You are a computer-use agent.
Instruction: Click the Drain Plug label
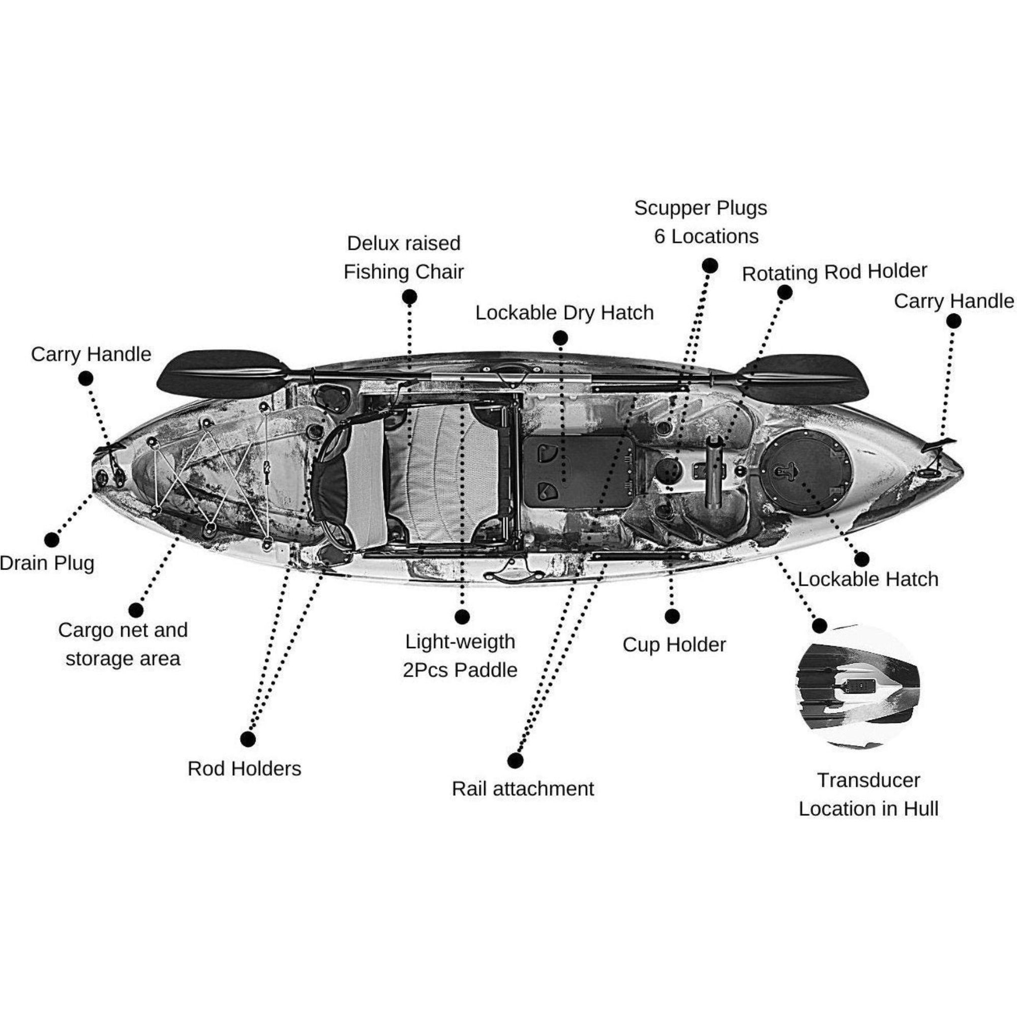click(x=47, y=563)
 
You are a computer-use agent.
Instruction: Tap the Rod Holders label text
click(x=244, y=768)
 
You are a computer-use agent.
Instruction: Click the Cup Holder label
click(x=674, y=644)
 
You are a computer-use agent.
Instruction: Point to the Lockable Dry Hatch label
click(x=564, y=313)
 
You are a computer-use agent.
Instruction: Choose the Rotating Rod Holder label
click(x=834, y=272)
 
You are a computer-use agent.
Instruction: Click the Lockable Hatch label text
click(x=868, y=579)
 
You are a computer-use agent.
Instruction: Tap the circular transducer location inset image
click(x=857, y=686)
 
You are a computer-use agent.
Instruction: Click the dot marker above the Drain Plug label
click(x=51, y=540)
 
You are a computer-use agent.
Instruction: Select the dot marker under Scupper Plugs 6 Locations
click(x=709, y=266)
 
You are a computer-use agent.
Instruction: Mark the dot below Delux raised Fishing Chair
click(x=409, y=297)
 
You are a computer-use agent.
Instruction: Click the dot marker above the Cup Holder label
click(x=672, y=616)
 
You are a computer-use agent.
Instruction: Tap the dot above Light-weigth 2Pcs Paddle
click(x=462, y=617)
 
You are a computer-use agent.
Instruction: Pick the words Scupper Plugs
click(x=700, y=208)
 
